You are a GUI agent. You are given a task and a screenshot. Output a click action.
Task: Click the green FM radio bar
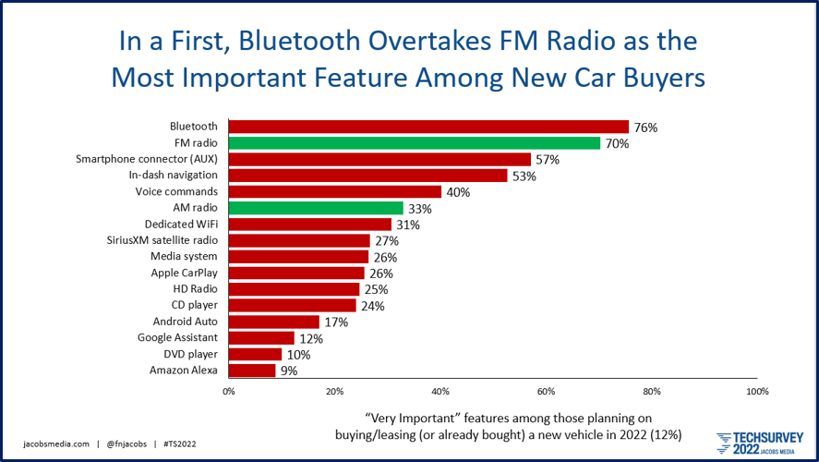414,143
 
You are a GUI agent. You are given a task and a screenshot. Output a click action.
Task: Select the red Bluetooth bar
428,127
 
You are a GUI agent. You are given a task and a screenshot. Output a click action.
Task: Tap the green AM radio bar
316,208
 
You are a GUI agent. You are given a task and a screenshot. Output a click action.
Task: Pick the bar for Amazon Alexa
251,371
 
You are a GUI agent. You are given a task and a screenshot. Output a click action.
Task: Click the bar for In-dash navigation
367,176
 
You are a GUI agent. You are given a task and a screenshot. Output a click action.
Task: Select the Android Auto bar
273,322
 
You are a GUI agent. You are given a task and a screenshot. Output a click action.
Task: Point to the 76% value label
645,128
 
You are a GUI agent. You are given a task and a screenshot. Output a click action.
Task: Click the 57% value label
548,160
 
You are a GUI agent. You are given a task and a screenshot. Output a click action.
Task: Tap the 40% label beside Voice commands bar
458,192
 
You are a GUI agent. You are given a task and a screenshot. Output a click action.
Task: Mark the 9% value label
288,371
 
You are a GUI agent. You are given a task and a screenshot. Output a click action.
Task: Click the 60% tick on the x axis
546,391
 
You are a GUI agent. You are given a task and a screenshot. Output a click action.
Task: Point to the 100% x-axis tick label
756,391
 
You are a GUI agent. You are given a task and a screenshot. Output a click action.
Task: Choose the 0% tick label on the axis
228,391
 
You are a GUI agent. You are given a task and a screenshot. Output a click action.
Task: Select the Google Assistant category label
177,338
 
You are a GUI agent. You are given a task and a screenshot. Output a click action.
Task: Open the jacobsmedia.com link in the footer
56,444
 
